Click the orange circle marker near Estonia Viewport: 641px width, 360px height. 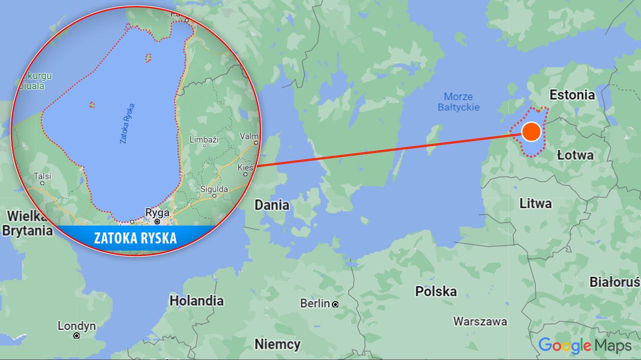[x=531, y=132]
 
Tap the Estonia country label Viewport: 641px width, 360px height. [x=572, y=95]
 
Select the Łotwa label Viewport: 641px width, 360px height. [x=575, y=155]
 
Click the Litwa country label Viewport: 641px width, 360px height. [x=535, y=203]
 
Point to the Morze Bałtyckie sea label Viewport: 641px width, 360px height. [x=458, y=102]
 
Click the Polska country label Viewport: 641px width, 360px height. [x=436, y=291]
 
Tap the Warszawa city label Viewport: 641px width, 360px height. [x=480, y=321]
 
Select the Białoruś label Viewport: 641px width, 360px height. [x=614, y=282]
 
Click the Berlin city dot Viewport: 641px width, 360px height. [x=335, y=304]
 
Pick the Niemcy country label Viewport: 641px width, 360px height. [x=277, y=344]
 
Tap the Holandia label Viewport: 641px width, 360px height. [x=196, y=301]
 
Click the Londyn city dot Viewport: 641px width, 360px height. [x=77, y=336]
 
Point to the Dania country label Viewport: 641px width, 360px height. [x=271, y=205]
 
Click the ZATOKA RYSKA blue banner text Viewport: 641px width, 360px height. [x=135, y=238]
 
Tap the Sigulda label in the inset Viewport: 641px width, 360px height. [x=213, y=189]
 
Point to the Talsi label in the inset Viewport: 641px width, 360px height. [x=43, y=176]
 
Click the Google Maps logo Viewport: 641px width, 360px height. [x=584, y=345]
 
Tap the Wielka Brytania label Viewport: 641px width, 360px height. [x=27, y=223]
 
